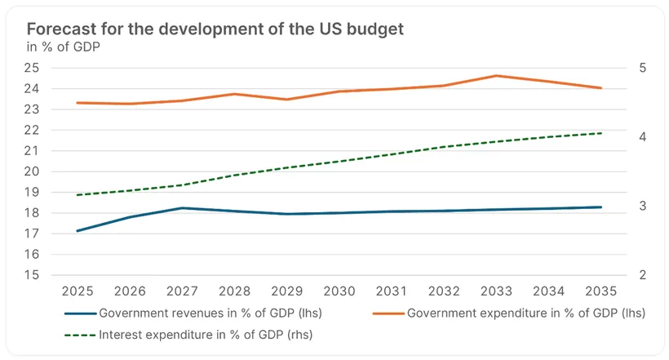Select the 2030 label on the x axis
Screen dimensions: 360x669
click(x=339, y=291)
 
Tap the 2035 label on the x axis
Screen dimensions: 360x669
click(x=601, y=291)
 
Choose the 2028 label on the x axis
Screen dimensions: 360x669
click(x=235, y=291)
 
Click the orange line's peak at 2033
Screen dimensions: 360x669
click(x=497, y=76)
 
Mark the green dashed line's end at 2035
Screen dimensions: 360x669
click(x=601, y=133)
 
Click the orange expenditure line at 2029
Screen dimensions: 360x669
click(x=287, y=100)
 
